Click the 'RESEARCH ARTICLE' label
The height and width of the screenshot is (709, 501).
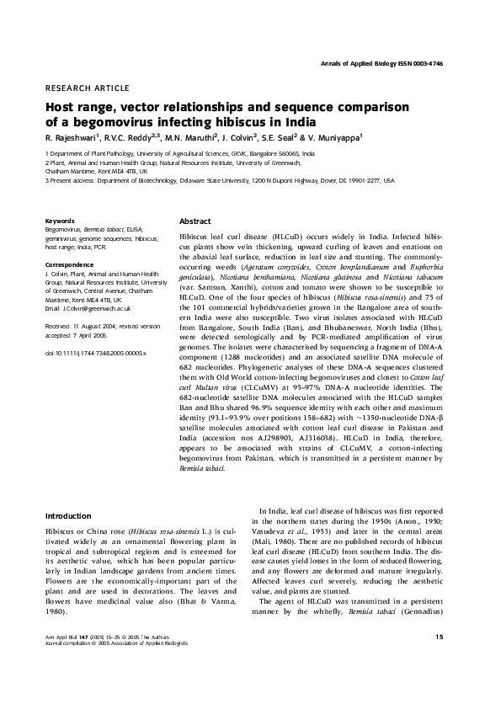87,88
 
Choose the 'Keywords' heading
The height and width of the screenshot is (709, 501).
59,221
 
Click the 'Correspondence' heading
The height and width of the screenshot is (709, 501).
69,265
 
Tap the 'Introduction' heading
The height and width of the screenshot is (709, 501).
68,515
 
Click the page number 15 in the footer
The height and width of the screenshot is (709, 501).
439,660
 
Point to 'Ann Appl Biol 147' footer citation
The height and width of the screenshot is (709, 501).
69,660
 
